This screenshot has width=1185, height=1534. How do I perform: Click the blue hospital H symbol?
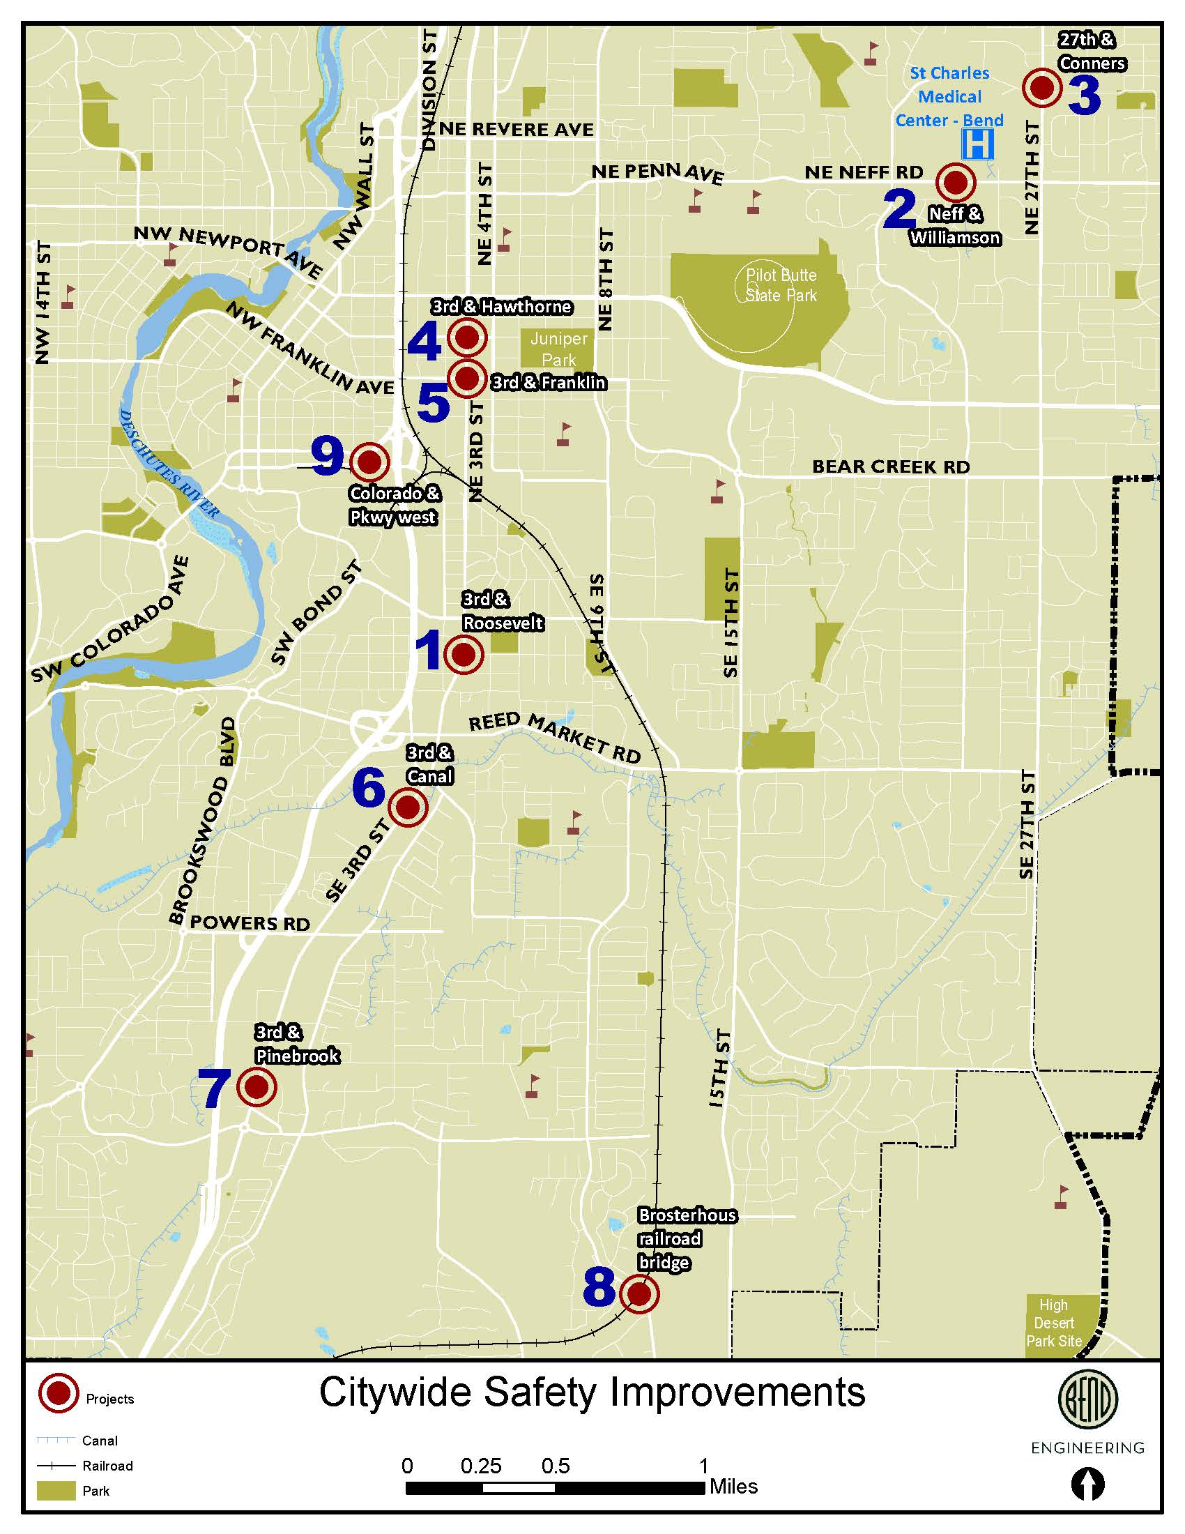tap(977, 145)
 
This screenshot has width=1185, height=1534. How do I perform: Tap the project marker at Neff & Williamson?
tap(956, 182)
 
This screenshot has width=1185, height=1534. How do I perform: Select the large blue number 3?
tap(1085, 96)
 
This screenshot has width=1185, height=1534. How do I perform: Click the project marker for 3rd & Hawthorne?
tap(467, 338)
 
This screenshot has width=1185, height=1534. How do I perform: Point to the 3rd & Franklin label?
tap(549, 383)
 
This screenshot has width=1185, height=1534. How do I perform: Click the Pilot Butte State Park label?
tap(781, 285)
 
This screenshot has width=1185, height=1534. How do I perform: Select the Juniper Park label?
tap(559, 349)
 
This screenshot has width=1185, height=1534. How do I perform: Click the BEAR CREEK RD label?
tap(890, 467)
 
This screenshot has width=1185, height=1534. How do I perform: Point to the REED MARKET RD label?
tap(555, 738)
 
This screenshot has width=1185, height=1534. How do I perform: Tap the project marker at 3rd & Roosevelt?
tap(464, 655)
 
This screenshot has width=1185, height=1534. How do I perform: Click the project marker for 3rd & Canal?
tap(408, 807)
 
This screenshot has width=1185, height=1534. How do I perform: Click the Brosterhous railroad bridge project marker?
tap(639, 1293)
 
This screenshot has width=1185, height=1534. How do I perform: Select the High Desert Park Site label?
tap(1054, 1323)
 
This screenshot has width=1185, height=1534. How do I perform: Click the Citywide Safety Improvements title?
tap(592, 1393)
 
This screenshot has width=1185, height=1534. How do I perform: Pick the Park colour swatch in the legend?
tap(56, 1491)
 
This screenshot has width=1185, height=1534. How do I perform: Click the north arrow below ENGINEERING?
tap(1087, 1484)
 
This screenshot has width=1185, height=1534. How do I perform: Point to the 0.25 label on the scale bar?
tap(481, 1466)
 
